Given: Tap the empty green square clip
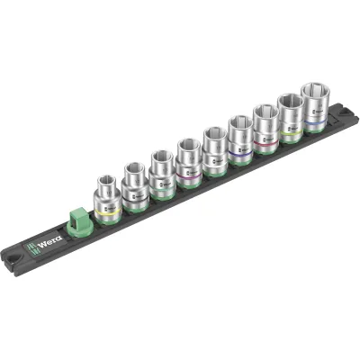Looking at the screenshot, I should point(76,217).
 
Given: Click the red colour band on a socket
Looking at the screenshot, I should point(265,139).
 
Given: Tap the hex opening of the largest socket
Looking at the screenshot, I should point(316,91).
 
